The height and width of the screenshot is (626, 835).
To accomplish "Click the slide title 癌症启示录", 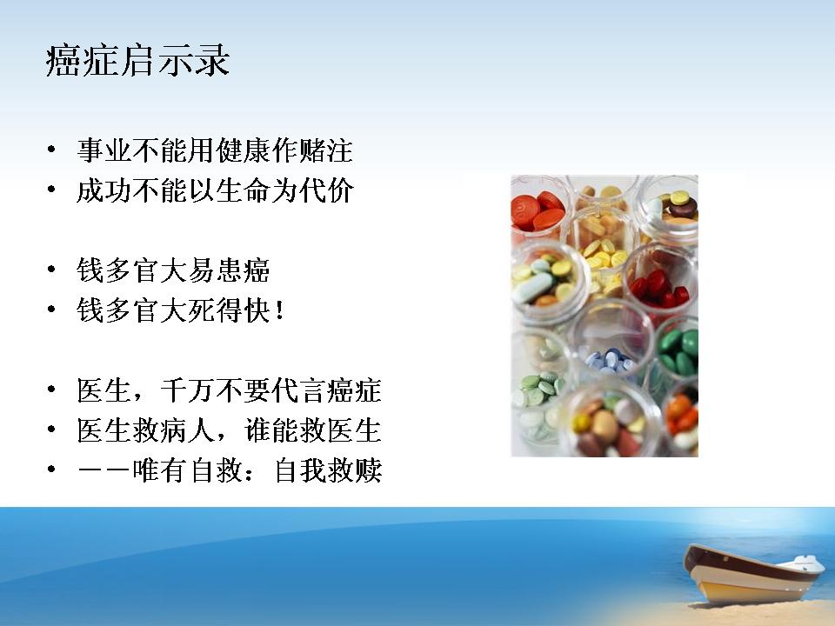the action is point(138,61).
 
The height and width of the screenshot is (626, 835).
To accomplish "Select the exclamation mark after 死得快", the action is point(280,311).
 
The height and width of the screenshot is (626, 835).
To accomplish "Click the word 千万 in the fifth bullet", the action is point(189,390).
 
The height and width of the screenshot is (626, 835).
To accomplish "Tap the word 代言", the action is point(299,390).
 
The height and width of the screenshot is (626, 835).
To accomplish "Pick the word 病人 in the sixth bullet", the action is point(189,430).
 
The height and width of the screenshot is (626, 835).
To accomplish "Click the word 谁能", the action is point(271,430).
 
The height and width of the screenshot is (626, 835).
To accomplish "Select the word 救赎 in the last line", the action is point(355,470).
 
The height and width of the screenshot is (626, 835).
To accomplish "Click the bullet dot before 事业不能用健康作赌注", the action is point(51,150).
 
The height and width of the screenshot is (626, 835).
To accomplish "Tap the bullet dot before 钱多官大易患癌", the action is point(51,270).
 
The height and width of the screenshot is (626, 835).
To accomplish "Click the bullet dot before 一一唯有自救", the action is point(51,469).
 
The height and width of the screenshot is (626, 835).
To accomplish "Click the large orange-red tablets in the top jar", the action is point(537,211).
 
